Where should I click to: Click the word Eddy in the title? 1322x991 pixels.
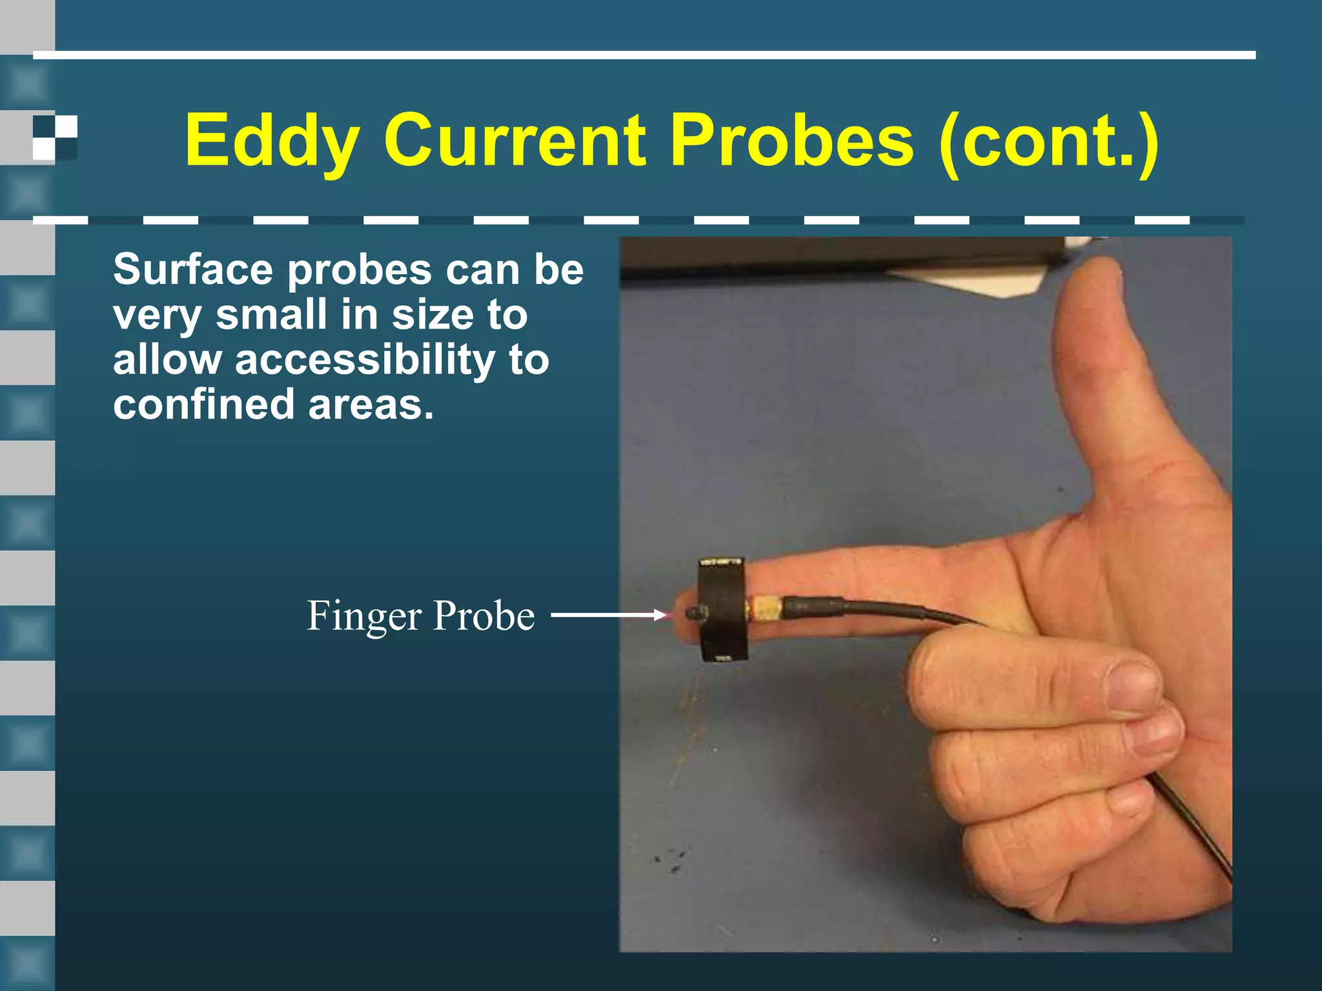pos(272,141)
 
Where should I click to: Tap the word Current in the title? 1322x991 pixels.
pos(514,140)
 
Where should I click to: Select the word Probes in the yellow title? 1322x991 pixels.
pos(791,140)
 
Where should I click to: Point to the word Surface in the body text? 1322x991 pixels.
pos(193,270)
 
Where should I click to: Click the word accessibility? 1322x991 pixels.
pos(365,360)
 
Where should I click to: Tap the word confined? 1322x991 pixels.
pos(203,405)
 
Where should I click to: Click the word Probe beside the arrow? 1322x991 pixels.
pos(483,616)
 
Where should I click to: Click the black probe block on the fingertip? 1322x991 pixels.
pos(723,610)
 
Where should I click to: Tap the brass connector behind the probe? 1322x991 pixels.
pos(766,609)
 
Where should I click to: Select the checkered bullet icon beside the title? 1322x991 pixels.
pos(55,137)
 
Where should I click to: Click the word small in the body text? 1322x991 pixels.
pos(271,315)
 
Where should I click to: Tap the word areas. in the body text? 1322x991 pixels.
pos(371,405)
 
